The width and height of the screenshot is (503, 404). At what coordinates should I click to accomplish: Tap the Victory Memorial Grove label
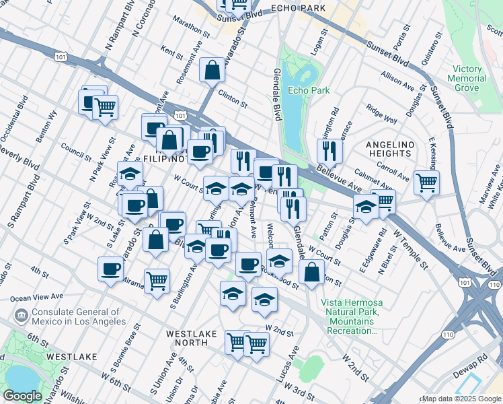point(469,79)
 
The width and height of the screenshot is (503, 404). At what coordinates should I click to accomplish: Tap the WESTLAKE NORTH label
point(196,337)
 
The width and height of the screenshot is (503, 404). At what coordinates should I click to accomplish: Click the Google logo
point(22,396)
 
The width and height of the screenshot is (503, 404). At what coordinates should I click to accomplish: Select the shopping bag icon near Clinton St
point(212,69)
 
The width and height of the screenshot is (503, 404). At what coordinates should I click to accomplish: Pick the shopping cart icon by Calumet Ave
point(426,182)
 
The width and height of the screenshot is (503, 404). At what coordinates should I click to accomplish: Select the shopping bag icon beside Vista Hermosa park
point(311,273)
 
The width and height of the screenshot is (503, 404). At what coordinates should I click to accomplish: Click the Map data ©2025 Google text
point(461,399)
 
